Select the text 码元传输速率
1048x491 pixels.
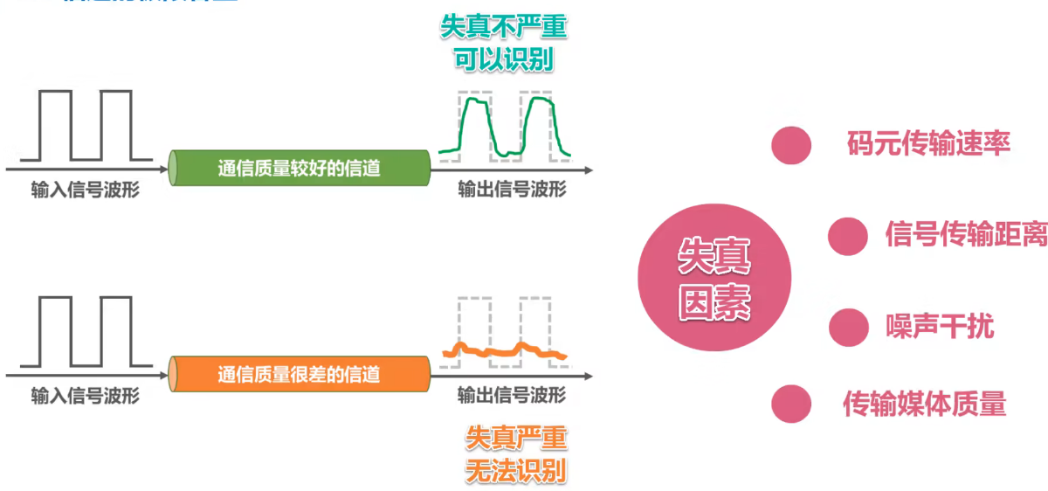[928, 144]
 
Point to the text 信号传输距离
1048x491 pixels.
[966, 234]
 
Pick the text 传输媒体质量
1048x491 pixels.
[924, 404]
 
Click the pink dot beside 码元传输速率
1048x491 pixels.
[791, 145]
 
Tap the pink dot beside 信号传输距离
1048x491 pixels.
[847, 235]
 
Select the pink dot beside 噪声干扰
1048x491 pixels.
[847, 328]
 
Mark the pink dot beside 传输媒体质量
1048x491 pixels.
[791, 404]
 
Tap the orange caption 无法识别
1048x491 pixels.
[515, 470]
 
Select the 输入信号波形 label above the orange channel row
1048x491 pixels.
[85, 397]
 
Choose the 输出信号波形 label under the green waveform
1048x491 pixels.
[512, 190]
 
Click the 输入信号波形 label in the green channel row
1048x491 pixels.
[85, 190]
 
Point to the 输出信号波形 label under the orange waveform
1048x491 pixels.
[512, 396]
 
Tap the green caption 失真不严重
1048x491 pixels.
[503, 27]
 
